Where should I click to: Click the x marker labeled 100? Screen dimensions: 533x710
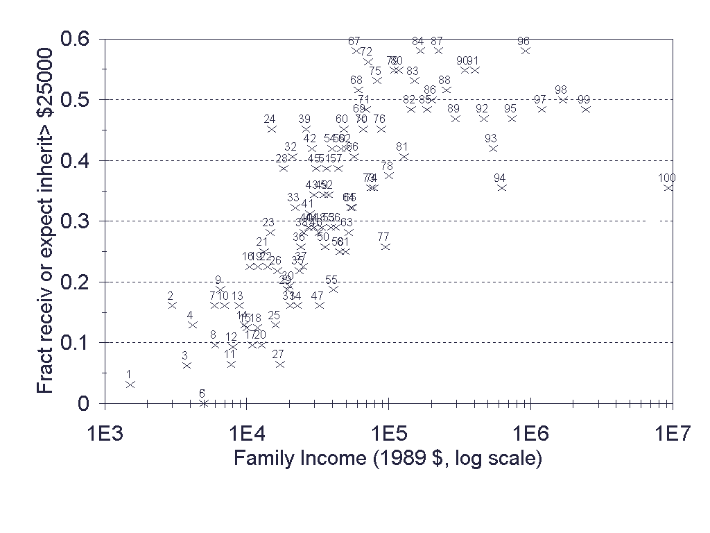(668, 187)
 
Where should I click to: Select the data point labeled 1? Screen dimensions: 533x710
(130, 384)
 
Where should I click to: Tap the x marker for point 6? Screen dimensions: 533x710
(203, 403)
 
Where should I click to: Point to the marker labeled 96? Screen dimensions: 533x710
(525, 51)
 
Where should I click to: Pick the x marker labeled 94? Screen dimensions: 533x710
(501, 187)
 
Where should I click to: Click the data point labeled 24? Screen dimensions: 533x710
(272, 129)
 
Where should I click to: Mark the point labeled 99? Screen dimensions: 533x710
(586, 109)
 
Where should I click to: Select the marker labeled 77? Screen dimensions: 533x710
(386, 246)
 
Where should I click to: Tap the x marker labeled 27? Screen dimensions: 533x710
(279, 364)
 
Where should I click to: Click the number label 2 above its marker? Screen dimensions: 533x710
(170, 296)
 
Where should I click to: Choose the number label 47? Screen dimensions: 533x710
(317, 296)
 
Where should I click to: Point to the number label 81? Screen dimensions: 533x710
(402, 146)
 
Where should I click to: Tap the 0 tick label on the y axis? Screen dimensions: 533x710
(83, 403)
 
